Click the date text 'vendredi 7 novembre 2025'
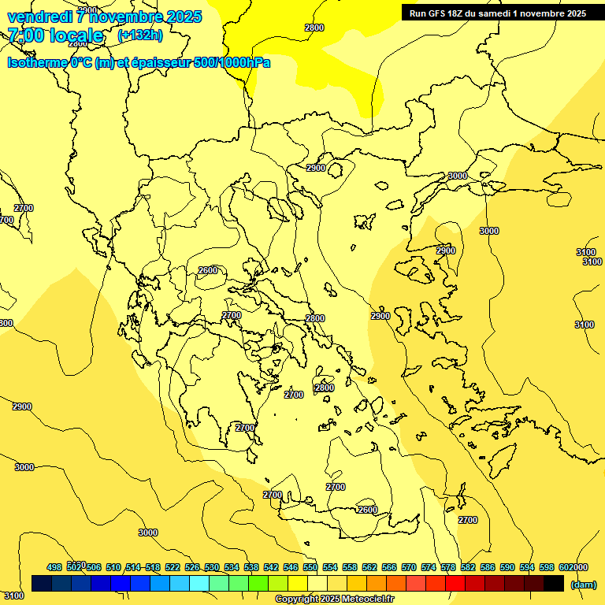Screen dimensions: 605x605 pyautogui.click(x=104, y=17)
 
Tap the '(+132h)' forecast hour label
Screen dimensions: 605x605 pyautogui.click(x=140, y=35)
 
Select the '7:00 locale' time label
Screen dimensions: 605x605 pyautogui.click(x=55, y=35)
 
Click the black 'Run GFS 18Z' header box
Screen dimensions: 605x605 pyautogui.click(x=497, y=13)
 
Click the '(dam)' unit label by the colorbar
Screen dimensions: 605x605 pyautogui.click(x=583, y=584)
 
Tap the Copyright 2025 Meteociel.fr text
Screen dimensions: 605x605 pyautogui.click(x=334, y=599)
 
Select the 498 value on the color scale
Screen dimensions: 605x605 pyautogui.click(x=54, y=567)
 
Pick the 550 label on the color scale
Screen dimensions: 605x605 pyautogui.click(x=310, y=567)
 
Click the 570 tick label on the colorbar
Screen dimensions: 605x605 pyautogui.click(x=408, y=567)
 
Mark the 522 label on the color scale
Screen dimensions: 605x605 pyautogui.click(x=173, y=567)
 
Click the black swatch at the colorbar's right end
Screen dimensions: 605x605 pyautogui.click(x=554, y=583)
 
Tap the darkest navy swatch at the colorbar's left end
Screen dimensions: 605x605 pyautogui.click(x=42, y=583)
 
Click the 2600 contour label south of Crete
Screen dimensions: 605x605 pyautogui.click(x=367, y=510)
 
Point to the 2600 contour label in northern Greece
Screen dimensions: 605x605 pyautogui.click(x=208, y=270)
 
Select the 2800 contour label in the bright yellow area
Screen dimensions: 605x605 pyautogui.click(x=314, y=28)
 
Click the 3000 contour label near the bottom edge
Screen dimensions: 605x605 pyautogui.click(x=148, y=533)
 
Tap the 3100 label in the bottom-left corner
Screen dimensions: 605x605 pyautogui.click(x=13, y=596)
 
